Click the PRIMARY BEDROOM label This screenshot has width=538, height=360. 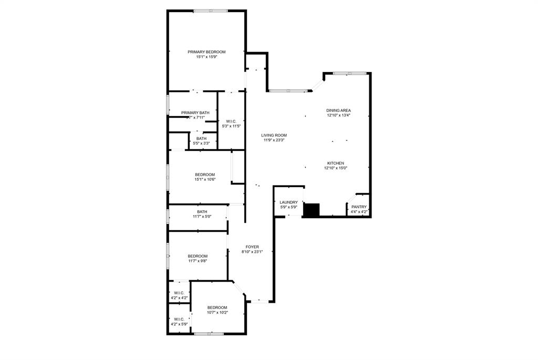pos(206,52)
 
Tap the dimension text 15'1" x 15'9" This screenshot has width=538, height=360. pos(206,57)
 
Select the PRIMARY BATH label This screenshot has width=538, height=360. pos(195,112)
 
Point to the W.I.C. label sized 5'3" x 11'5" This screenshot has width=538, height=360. pos(231,121)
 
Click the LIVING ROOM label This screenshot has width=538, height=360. pos(274,135)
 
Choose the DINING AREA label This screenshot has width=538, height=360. pos(338,110)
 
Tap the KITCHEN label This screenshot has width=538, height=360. pos(336,163)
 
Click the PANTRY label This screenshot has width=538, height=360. pos(359,207)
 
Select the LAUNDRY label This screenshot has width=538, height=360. pos(288,202)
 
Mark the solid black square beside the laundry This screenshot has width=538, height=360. pos(312,210)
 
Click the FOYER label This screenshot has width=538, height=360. pos(252,246)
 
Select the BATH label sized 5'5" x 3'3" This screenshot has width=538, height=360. pos(202,138)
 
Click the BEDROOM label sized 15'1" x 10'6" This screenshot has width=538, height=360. pos(205,174)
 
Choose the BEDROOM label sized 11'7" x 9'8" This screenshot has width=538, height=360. pos(198,256)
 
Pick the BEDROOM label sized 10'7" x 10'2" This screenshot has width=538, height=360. pos(217,307)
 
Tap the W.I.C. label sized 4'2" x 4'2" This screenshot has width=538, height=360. pos(179,293)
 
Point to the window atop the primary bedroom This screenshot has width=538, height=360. pos(211,11)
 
